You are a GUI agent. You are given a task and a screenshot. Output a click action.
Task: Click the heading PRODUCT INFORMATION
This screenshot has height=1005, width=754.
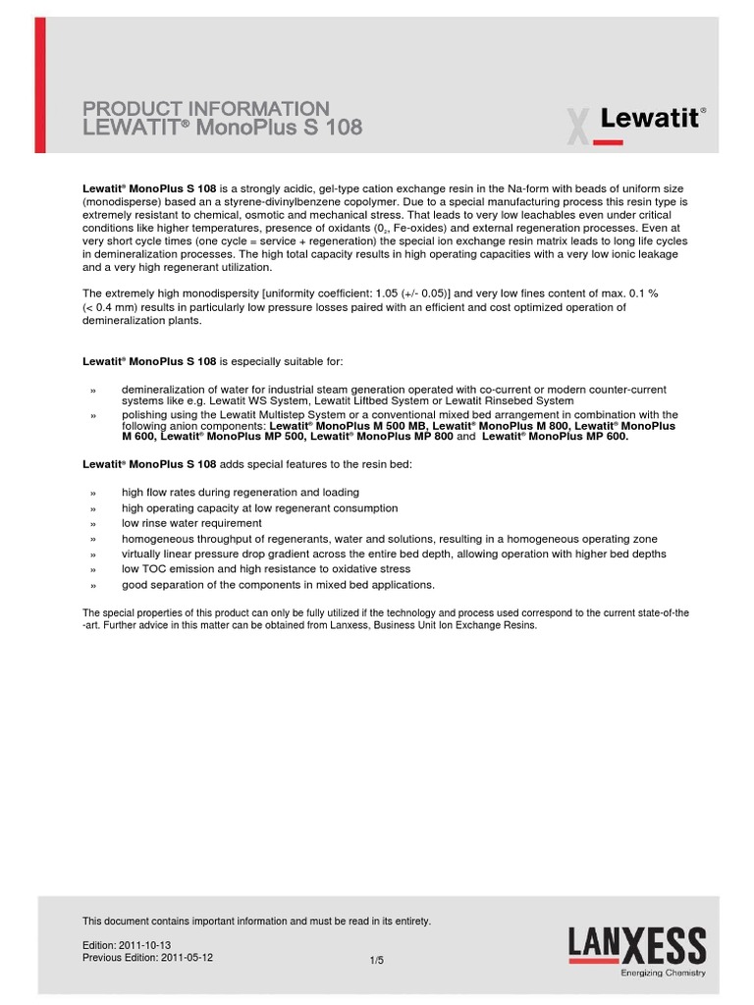point(206,109)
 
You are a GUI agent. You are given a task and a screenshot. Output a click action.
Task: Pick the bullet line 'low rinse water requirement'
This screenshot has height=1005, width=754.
point(191,523)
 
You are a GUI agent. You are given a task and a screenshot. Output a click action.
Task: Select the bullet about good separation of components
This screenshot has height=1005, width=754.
point(278,585)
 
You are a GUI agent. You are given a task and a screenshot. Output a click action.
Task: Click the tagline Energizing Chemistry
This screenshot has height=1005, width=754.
point(663,974)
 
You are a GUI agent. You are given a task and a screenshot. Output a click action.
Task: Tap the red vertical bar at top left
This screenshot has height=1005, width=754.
point(39,85)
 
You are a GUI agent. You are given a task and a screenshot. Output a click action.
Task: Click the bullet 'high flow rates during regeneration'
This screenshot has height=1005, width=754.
point(240,492)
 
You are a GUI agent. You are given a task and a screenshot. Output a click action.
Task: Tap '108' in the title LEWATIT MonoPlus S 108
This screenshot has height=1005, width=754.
point(342,128)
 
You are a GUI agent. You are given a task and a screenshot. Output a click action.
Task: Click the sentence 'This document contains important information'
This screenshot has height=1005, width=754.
point(256,922)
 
